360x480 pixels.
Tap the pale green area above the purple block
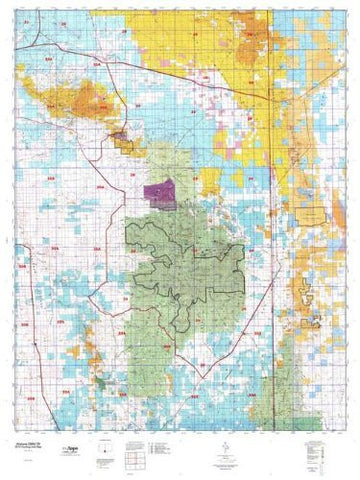coord(160,160)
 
